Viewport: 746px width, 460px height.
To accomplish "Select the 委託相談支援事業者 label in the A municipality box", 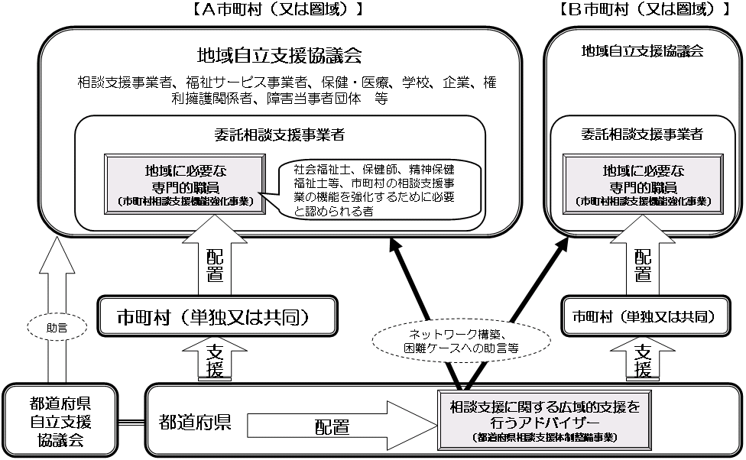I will click(x=280, y=135).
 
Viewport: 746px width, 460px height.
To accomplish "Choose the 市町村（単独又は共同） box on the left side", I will click(x=217, y=316).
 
